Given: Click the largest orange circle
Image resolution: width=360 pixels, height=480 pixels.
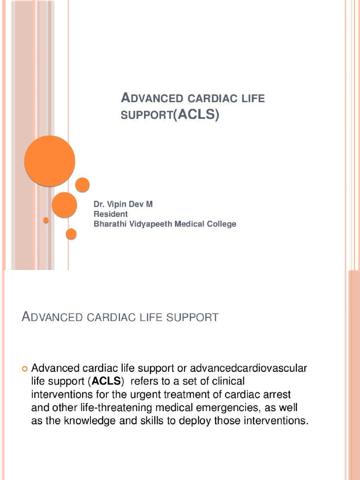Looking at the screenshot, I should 50,161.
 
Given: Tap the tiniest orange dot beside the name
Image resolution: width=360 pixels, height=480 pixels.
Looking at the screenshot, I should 46,220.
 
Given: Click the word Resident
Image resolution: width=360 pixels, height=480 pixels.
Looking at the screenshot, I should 111,214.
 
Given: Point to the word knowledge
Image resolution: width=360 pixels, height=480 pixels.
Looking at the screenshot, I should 89,420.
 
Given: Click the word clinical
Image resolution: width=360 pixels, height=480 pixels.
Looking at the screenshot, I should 225,381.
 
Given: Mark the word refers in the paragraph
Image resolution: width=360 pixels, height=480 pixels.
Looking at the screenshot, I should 150,381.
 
